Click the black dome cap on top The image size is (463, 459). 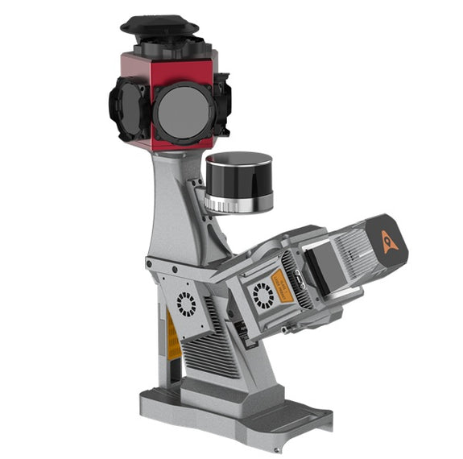159,25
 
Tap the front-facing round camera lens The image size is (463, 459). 184,111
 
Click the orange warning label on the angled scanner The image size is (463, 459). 282,285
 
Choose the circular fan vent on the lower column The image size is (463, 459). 187,304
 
